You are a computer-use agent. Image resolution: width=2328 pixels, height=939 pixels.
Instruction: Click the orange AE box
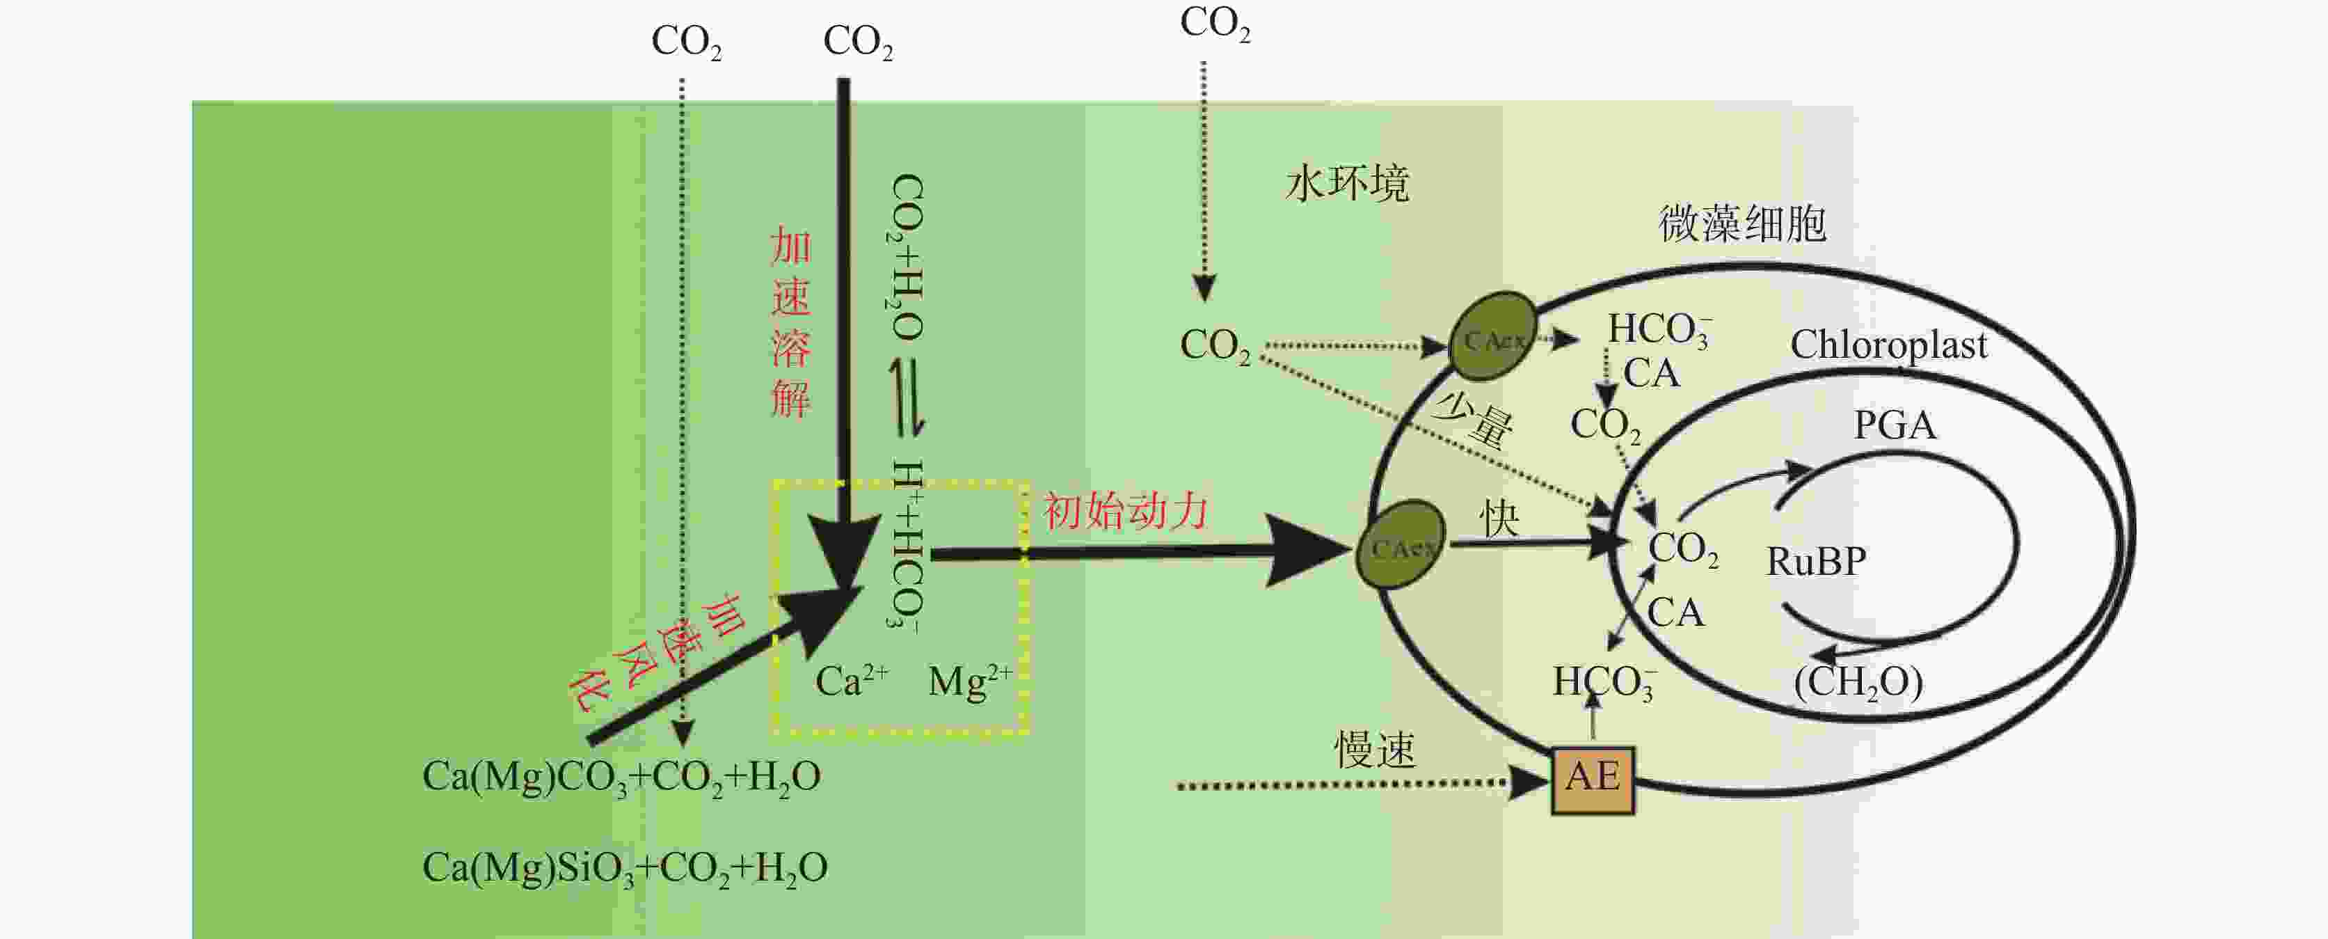click(x=1593, y=780)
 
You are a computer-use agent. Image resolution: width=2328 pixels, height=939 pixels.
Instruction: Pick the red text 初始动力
click(x=1125, y=512)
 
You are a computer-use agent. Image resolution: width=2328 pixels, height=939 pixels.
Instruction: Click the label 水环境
click(x=1346, y=184)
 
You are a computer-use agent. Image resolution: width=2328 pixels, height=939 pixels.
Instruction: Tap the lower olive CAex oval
click(x=1400, y=545)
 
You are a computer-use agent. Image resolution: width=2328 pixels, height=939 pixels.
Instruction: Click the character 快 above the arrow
click(x=1499, y=519)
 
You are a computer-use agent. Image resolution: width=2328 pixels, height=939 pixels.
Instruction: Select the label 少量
click(x=1473, y=419)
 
